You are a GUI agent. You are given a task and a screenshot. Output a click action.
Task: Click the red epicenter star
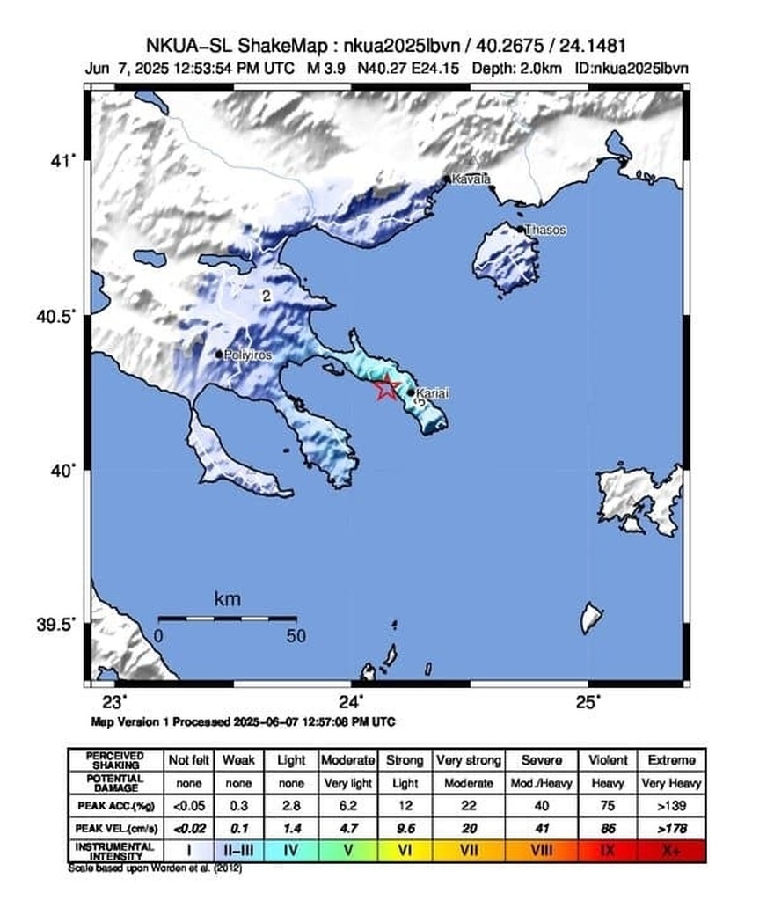point(386,387)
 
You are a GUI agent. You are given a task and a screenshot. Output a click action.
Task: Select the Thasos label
point(545,231)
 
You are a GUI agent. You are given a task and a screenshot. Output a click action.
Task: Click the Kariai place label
point(432,393)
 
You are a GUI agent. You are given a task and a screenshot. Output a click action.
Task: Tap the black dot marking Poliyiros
point(220,354)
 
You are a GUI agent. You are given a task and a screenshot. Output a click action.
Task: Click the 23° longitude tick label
point(115,702)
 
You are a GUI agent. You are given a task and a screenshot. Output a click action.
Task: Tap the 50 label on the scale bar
point(296,636)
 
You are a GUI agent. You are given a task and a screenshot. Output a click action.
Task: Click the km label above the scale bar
point(227,600)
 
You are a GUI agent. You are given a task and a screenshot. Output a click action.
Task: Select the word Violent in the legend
point(609,760)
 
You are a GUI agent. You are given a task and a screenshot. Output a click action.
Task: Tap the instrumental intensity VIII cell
point(541,851)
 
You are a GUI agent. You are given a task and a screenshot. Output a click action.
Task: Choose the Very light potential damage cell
point(348,783)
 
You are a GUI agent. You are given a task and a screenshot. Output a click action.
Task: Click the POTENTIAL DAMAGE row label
point(115,783)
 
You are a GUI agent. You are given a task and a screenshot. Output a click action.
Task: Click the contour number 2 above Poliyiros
point(265,297)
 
